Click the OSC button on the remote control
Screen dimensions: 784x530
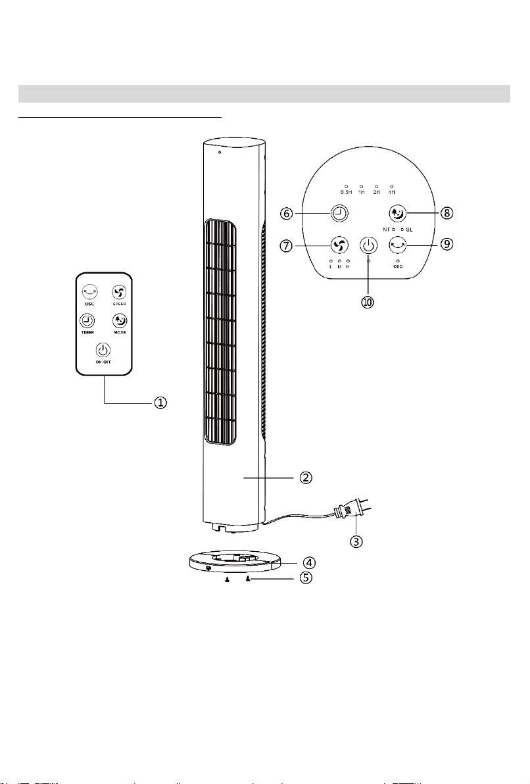tap(88, 292)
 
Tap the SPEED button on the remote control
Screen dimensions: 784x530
tap(118, 292)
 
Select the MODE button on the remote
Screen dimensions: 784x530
tap(118, 321)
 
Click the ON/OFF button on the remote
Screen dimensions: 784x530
tap(103, 351)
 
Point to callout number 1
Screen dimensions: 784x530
tap(160, 403)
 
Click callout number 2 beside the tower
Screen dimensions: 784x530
tap(306, 478)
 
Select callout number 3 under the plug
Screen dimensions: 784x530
tap(355, 542)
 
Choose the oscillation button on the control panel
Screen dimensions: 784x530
tap(398, 245)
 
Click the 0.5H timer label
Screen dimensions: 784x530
tap(347, 192)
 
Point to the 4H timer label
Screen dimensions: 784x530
tap(392, 192)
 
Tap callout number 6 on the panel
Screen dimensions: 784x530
tap(285, 214)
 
